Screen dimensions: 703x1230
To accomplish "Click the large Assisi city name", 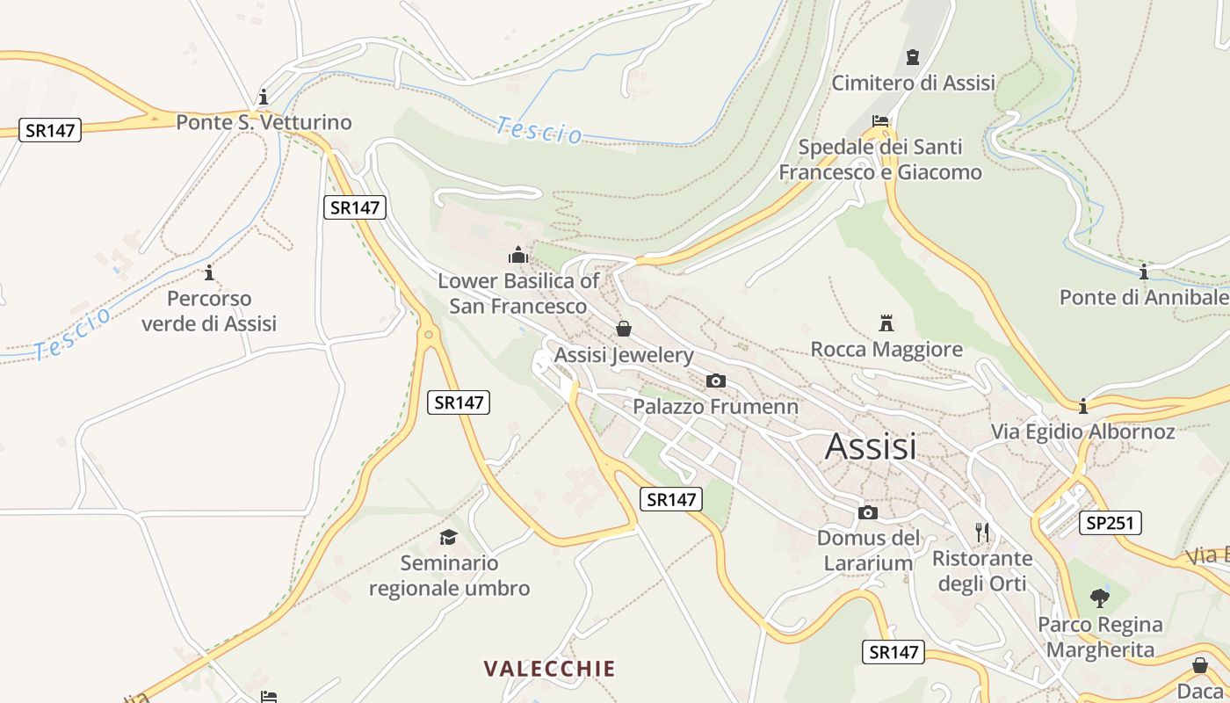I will coord(870,446).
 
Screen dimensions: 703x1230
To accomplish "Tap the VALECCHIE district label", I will coord(549,669).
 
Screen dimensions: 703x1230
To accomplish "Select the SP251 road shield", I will coord(1110,523).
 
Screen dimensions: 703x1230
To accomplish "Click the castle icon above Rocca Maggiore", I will coord(886,323).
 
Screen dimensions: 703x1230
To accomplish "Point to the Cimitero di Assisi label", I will coord(913,83).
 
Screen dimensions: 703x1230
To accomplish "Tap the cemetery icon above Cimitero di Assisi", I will coord(913,57).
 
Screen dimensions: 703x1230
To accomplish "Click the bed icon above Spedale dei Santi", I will coord(880,121).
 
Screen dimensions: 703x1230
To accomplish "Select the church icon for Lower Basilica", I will coord(518,255).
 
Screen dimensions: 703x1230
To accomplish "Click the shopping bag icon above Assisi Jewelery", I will coord(624,329).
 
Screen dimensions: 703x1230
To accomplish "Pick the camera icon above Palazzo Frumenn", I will coord(716,380).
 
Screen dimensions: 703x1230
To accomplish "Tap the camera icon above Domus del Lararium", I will coord(868,512).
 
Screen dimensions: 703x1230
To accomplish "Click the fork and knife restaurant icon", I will coord(982,532).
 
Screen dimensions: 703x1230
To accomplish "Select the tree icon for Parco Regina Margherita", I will coord(1099,598).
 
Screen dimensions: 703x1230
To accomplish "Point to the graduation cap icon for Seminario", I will coord(449,536).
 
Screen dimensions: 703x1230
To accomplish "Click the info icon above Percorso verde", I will coord(209,272).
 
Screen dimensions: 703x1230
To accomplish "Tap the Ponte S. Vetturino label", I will coord(264,122).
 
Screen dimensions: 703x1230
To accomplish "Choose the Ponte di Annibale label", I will coord(1144,297).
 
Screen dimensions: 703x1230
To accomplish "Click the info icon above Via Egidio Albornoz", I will coord(1083,406).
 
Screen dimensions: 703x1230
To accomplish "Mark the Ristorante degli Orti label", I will coord(982,570).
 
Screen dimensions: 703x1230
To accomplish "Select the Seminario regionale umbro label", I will coord(449,576).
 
